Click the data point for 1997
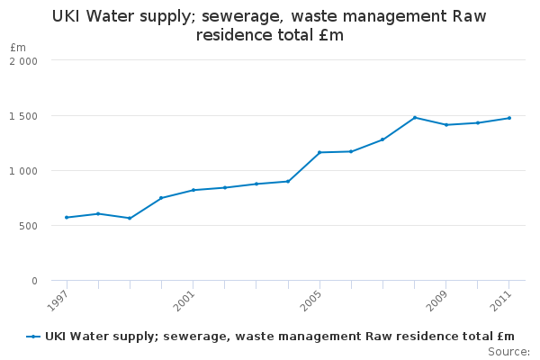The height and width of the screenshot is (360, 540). point(67,217)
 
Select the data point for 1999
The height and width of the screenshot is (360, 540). point(130,218)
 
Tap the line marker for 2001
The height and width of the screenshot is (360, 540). point(193,190)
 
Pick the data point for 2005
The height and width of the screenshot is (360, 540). point(319,152)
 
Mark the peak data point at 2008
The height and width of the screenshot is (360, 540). point(415,117)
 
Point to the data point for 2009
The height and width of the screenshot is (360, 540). point(446,124)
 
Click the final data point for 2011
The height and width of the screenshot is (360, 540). point(509,118)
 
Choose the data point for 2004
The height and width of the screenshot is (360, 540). point(288,181)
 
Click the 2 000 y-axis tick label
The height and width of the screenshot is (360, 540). point(23,61)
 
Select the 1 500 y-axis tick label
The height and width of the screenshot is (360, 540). point(23,116)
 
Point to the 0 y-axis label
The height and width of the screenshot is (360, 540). point(34,281)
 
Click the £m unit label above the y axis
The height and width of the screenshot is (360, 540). point(18,47)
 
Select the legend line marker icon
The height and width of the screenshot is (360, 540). point(33,337)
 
